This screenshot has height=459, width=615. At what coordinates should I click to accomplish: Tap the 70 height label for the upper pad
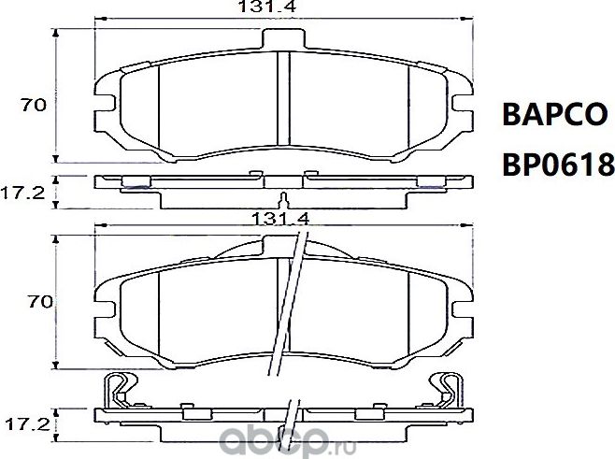pos(35,106)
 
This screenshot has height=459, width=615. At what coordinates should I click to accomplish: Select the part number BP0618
pos(558,165)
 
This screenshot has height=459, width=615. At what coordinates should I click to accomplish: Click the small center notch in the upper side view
pos(285,198)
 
